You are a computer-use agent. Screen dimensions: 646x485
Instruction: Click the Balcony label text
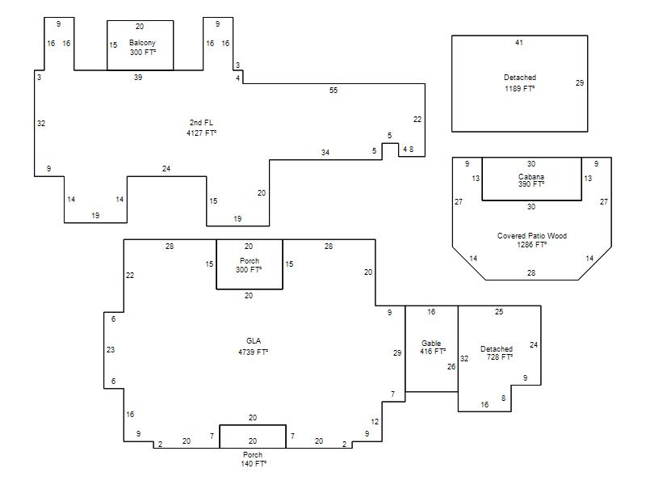point(142,43)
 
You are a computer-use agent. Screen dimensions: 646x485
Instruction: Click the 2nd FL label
point(201,123)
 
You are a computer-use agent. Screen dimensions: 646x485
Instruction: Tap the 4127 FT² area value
point(201,133)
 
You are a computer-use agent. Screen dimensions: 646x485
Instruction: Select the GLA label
point(254,340)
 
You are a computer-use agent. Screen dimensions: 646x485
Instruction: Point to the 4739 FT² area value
point(254,352)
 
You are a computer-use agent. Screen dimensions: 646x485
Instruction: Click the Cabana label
point(531,176)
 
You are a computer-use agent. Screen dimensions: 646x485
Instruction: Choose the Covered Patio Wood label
point(532,236)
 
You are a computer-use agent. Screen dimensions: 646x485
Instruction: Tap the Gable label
point(431,343)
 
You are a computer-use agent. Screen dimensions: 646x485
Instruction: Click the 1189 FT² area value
point(520,88)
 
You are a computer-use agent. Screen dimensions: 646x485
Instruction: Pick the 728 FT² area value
point(500,357)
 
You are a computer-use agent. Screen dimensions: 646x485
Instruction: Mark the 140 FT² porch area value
point(254,463)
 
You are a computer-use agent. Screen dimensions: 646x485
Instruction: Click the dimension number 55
point(333,90)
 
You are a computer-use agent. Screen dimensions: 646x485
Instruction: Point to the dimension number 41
point(519,43)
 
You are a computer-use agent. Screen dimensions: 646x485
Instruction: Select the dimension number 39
point(138,77)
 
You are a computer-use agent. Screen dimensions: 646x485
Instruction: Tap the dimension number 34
point(325,153)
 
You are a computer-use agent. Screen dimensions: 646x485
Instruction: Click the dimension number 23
point(111,350)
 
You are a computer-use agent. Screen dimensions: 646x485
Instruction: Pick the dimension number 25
point(499,312)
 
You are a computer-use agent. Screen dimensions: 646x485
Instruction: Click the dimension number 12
point(375,421)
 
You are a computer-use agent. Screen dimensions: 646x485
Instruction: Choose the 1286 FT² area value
point(532,245)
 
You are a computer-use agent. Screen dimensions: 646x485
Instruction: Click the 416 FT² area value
point(433,352)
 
